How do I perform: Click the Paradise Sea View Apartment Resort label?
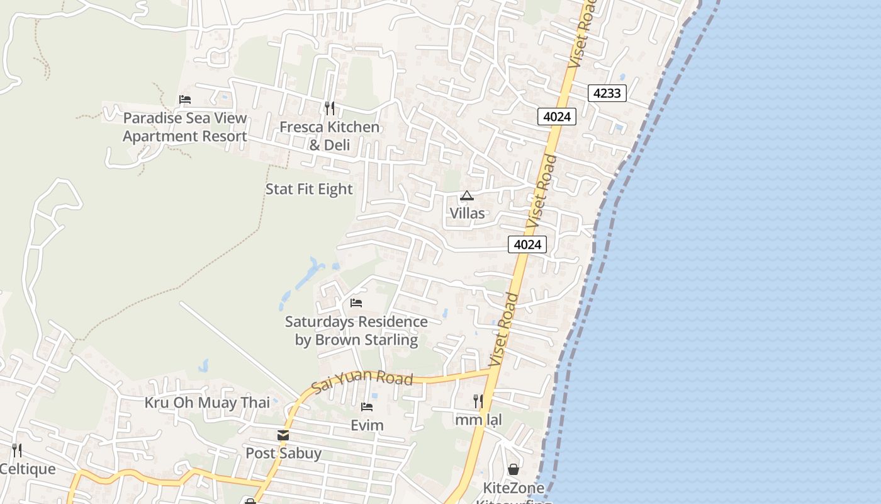click(184, 127)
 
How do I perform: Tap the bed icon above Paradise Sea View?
click(184, 100)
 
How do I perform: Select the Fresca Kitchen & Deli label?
click(329, 136)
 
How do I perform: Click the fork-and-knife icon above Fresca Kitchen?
click(329, 108)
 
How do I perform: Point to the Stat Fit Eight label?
click(309, 189)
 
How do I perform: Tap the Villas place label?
click(467, 213)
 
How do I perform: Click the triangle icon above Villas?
click(466, 196)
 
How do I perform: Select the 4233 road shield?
click(607, 93)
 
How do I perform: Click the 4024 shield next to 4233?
click(557, 117)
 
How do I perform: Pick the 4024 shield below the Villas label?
click(527, 244)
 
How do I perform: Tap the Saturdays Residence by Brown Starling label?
click(356, 331)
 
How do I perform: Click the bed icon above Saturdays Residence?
click(356, 303)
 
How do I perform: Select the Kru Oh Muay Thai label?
click(207, 403)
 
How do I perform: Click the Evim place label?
click(367, 425)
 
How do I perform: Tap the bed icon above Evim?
click(367, 407)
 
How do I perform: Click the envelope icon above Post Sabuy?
click(283, 435)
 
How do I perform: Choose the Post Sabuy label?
click(283, 453)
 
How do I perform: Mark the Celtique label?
click(28, 469)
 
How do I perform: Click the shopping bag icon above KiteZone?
click(513, 469)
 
